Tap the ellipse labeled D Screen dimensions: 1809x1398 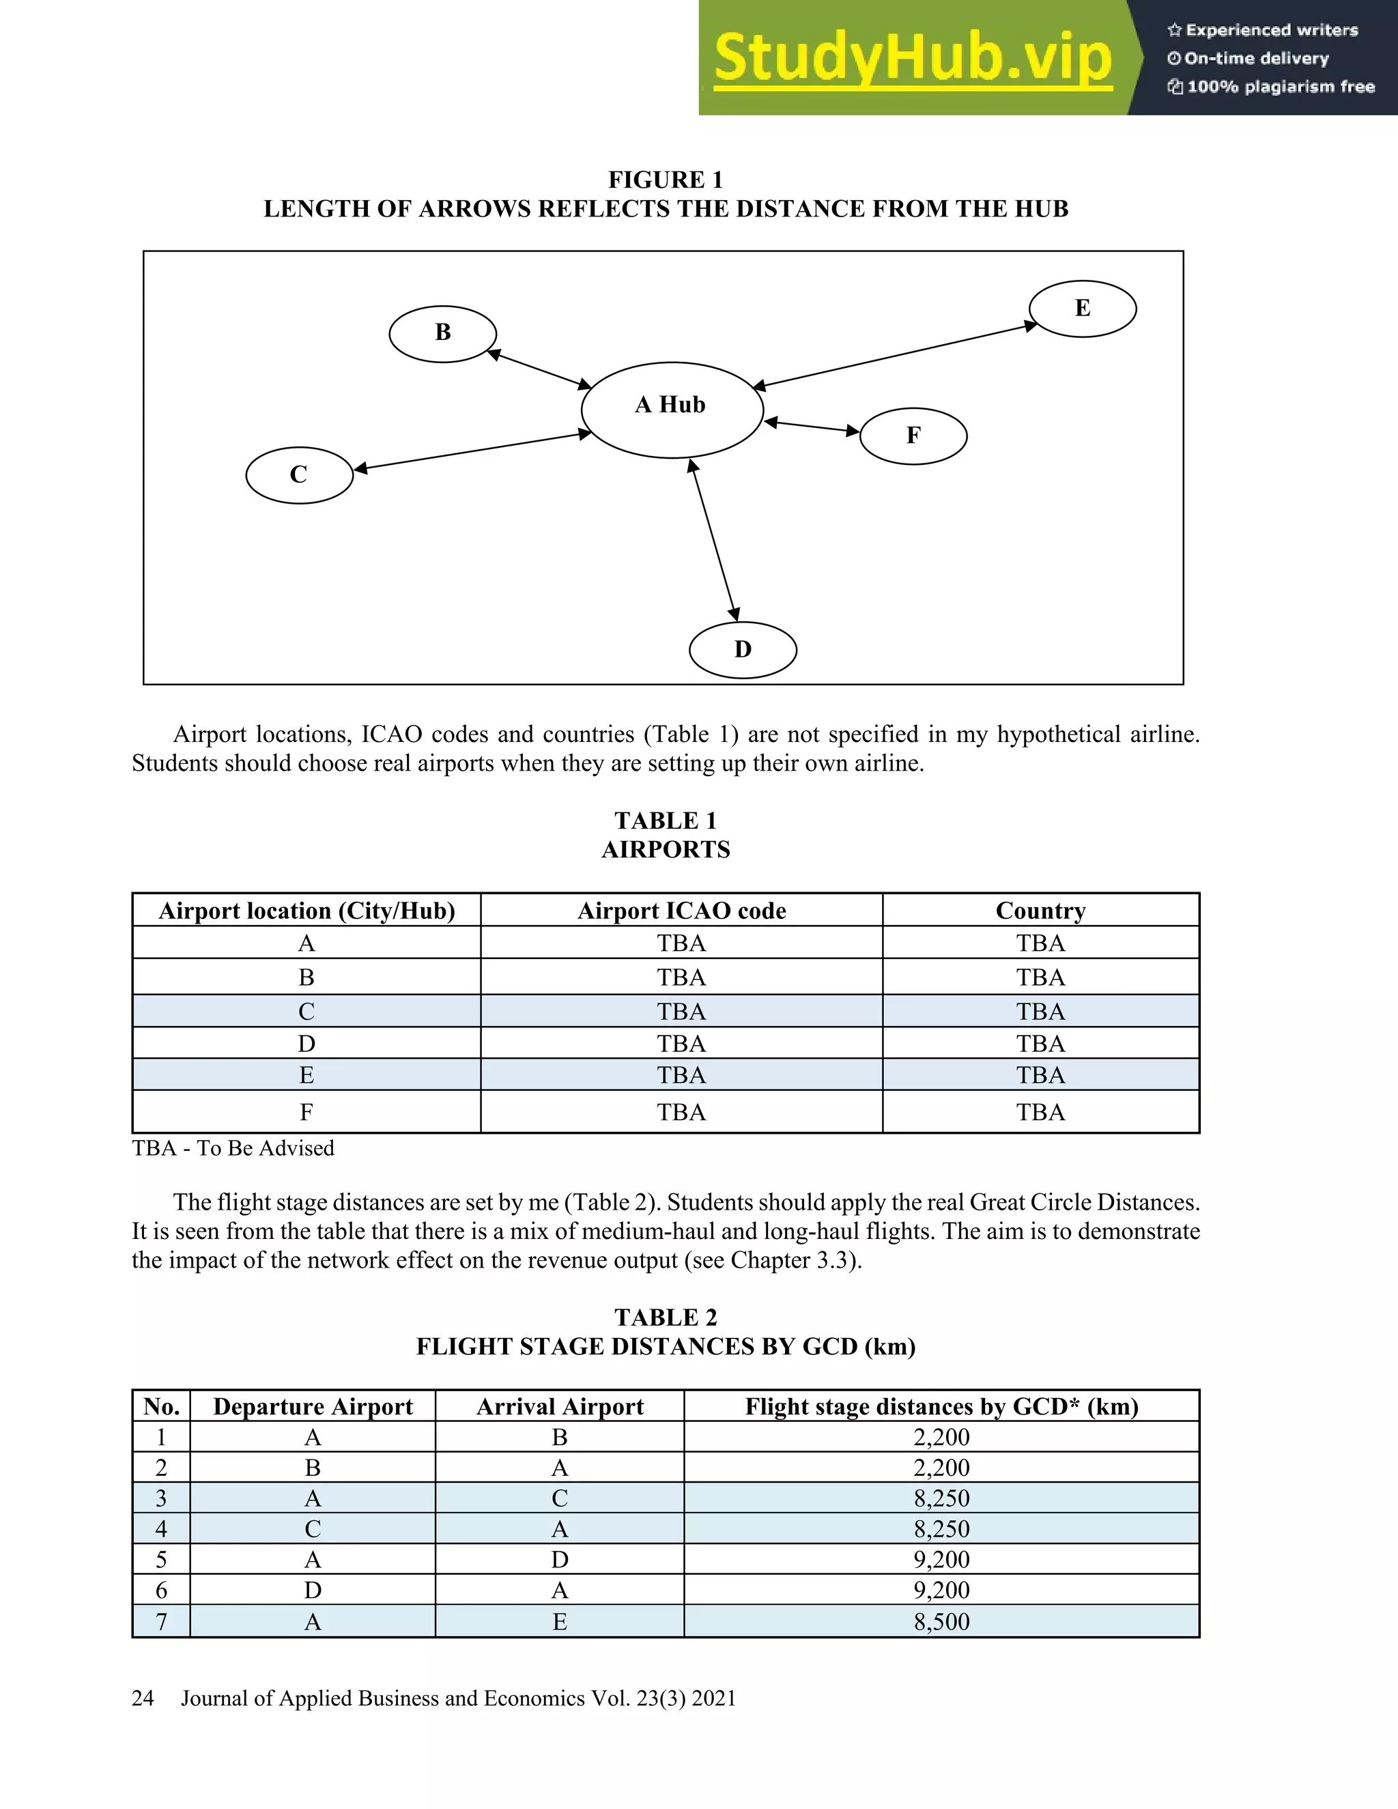click(743, 649)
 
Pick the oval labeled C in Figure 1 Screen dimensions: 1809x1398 click(299, 474)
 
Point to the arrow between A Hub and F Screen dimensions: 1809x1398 click(812, 427)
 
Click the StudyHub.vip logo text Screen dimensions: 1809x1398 click(912, 58)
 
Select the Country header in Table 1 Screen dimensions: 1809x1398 click(1040, 910)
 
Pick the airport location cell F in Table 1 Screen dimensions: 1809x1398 click(306, 1111)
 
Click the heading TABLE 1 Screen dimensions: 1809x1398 click(665, 820)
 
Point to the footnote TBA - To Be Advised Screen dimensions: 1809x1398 click(233, 1148)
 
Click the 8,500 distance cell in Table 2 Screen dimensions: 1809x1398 click(941, 1621)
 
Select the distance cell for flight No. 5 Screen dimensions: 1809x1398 click(941, 1559)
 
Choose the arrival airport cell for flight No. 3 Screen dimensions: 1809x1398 click(559, 1498)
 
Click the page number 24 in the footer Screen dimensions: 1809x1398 click(143, 1698)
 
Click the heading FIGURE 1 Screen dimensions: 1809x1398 click(665, 179)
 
